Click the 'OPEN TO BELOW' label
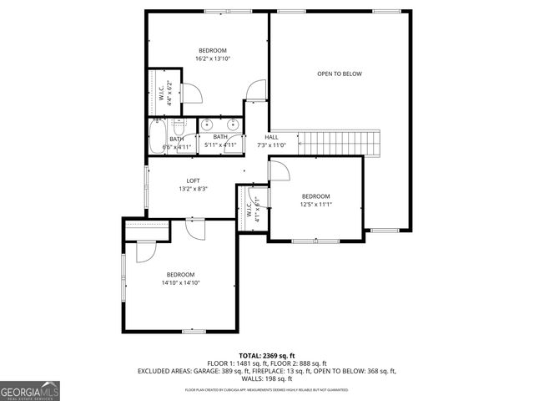(x=340, y=74)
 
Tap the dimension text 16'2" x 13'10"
(x=212, y=58)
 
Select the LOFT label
(x=193, y=180)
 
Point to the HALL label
(x=272, y=137)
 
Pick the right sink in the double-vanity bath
(x=234, y=126)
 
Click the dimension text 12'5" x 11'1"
(x=316, y=204)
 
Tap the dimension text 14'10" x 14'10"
(x=181, y=282)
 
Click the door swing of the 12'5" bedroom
(x=279, y=170)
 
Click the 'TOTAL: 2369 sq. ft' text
(x=266, y=356)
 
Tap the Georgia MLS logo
(x=30, y=391)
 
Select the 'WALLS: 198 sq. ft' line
(x=266, y=378)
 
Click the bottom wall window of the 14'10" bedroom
(x=194, y=332)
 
